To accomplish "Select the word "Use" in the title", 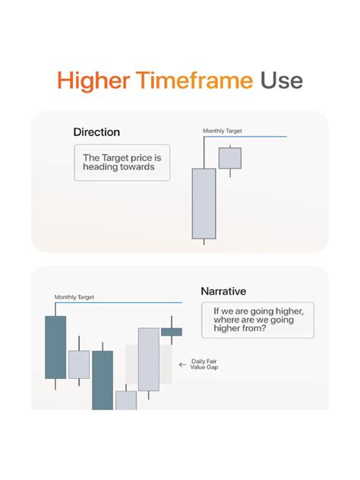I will click(281, 81).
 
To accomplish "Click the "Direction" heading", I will click(96, 132).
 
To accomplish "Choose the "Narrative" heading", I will click(223, 291).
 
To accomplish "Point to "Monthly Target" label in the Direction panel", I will click(223, 131).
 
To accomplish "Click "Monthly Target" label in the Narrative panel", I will click(74, 297).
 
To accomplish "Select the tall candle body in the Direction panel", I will click(204, 204).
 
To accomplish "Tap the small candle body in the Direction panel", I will click(229, 158).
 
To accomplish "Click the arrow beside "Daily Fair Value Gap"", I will click(182, 365).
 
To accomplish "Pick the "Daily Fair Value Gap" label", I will click(204, 365).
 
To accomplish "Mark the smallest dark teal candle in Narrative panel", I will click(172, 331).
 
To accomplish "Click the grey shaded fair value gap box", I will click(152, 365).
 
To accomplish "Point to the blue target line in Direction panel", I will click(251, 137).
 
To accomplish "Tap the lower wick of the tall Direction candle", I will click(204, 242).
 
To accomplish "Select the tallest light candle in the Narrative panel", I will click(149, 358).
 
